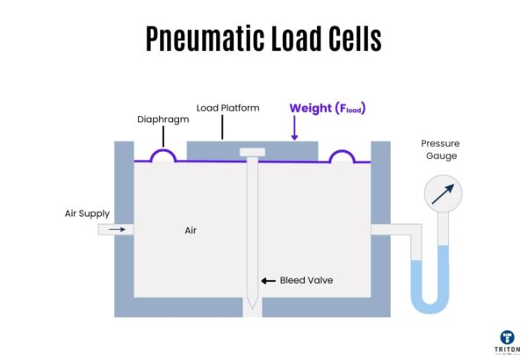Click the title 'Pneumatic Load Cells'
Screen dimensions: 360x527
tap(263, 40)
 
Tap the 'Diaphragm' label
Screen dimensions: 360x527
tap(162, 119)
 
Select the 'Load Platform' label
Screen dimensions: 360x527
tap(228, 108)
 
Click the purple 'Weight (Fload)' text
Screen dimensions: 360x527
tap(327, 108)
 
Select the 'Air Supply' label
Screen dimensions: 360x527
tap(85, 212)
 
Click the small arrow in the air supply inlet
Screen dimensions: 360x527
tap(116, 230)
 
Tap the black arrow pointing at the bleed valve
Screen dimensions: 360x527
tap(268, 281)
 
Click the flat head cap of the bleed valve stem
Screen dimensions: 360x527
tap(251, 152)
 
